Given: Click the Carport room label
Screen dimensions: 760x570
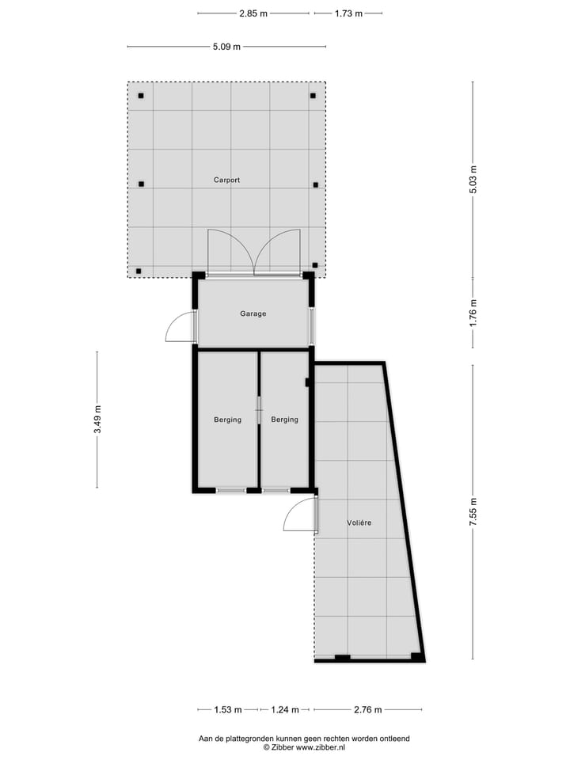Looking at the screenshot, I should (226, 180).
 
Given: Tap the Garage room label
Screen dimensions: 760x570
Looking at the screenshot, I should (253, 313).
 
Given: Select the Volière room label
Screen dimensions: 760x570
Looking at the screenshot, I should (359, 523).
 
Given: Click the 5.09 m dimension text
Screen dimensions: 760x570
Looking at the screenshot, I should (226, 47).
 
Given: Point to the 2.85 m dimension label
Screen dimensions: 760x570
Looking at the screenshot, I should (253, 13).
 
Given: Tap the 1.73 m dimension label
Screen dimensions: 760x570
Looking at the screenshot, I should (348, 13).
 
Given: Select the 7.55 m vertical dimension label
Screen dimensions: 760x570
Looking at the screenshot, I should (473, 511).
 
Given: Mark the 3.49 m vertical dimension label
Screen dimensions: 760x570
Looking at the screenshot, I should (97, 420).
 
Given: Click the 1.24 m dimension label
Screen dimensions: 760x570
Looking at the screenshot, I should (287, 709).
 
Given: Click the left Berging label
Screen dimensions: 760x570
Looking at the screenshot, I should (227, 420).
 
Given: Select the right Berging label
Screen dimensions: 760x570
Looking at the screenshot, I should (284, 420).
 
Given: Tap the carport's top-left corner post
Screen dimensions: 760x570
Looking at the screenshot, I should (141, 96).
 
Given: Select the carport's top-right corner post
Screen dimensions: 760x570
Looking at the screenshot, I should (313, 96).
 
